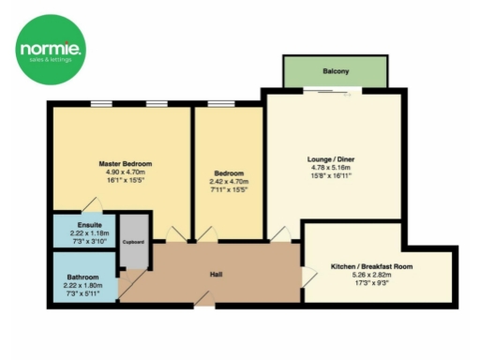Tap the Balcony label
point(336,70)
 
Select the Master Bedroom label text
point(125,163)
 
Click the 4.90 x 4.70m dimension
point(125,172)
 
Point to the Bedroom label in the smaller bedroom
point(229,173)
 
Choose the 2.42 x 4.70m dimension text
point(229,182)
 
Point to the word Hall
point(215,275)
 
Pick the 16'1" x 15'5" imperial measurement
point(125,180)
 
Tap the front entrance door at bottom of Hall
point(202,301)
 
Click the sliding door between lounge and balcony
point(335,90)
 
